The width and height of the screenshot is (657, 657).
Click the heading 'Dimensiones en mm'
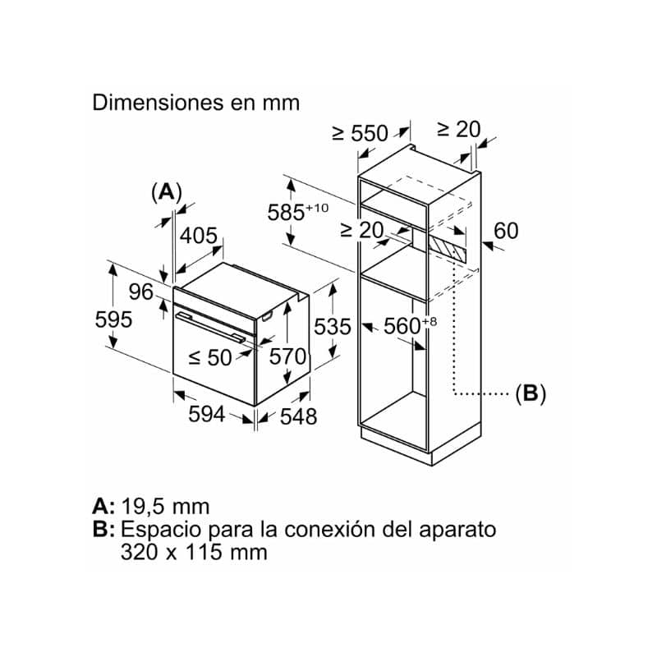[x=195, y=103]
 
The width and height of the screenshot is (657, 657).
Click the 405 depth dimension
[x=199, y=236]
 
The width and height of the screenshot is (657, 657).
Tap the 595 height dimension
[x=113, y=319]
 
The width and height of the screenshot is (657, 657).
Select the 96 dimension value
[x=140, y=292]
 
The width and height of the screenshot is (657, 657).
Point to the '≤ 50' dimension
[x=210, y=357]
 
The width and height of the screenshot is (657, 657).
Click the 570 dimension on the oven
[x=287, y=356]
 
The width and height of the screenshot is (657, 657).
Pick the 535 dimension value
[x=333, y=326]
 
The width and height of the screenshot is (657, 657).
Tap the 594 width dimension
[x=207, y=414]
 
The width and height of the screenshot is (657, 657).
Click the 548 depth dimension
[x=298, y=416]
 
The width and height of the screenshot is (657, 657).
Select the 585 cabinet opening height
[x=298, y=212]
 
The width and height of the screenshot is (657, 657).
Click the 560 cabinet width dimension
[x=410, y=325]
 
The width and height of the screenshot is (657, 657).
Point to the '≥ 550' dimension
[x=361, y=133]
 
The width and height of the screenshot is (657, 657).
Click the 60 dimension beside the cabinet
[x=506, y=231]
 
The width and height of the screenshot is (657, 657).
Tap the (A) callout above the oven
[x=167, y=192]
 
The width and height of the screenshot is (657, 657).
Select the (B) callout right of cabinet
[x=531, y=394]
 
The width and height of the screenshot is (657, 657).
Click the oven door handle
[x=210, y=328]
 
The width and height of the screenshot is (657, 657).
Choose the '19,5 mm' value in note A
[x=166, y=506]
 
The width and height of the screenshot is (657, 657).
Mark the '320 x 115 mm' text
[x=194, y=551]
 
